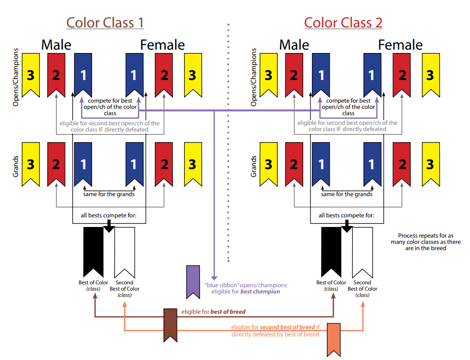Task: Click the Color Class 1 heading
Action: tap(105, 23)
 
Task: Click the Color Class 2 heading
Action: tap(343, 23)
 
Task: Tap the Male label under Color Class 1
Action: tap(56, 45)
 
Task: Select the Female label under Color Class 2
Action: tap(400, 45)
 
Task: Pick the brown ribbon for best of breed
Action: tap(170, 324)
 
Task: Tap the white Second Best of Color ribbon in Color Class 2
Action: tap(362, 250)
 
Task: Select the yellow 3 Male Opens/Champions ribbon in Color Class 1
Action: tap(30, 73)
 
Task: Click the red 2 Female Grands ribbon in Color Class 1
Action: tap(164, 163)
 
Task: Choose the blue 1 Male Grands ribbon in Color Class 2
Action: tap(321, 163)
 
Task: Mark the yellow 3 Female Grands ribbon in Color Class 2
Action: tap(430, 163)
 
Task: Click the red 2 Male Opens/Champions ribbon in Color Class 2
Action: tap(294, 73)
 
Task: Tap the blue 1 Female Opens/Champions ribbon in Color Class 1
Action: tap(134, 73)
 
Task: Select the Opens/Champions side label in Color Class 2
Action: tap(254, 76)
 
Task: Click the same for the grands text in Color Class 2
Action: tap(347, 194)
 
